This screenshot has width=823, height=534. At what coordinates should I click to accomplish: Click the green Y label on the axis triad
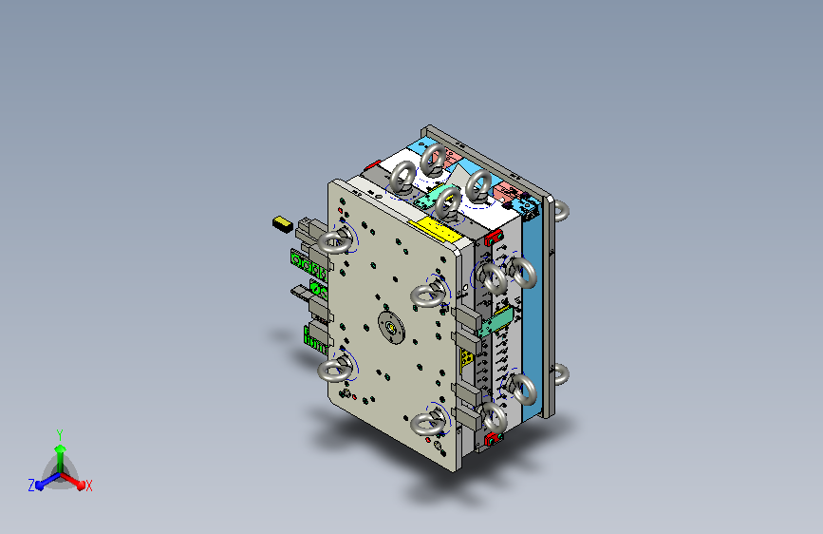click(60, 434)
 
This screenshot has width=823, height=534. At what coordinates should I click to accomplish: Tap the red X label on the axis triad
click(88, 486)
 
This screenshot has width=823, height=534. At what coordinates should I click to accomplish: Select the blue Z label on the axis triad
click(31, 486)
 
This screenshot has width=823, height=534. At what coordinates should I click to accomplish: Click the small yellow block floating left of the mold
click(282, 224)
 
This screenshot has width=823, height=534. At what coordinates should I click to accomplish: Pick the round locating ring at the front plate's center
click(391, 327)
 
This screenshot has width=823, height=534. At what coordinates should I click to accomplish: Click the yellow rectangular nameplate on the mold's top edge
click(435, 229)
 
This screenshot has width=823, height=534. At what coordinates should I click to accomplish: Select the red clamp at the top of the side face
click(494, 238)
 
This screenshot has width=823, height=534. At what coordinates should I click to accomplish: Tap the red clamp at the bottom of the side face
click(493, 438)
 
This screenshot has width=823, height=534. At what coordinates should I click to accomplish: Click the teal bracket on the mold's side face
click(495, 320)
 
